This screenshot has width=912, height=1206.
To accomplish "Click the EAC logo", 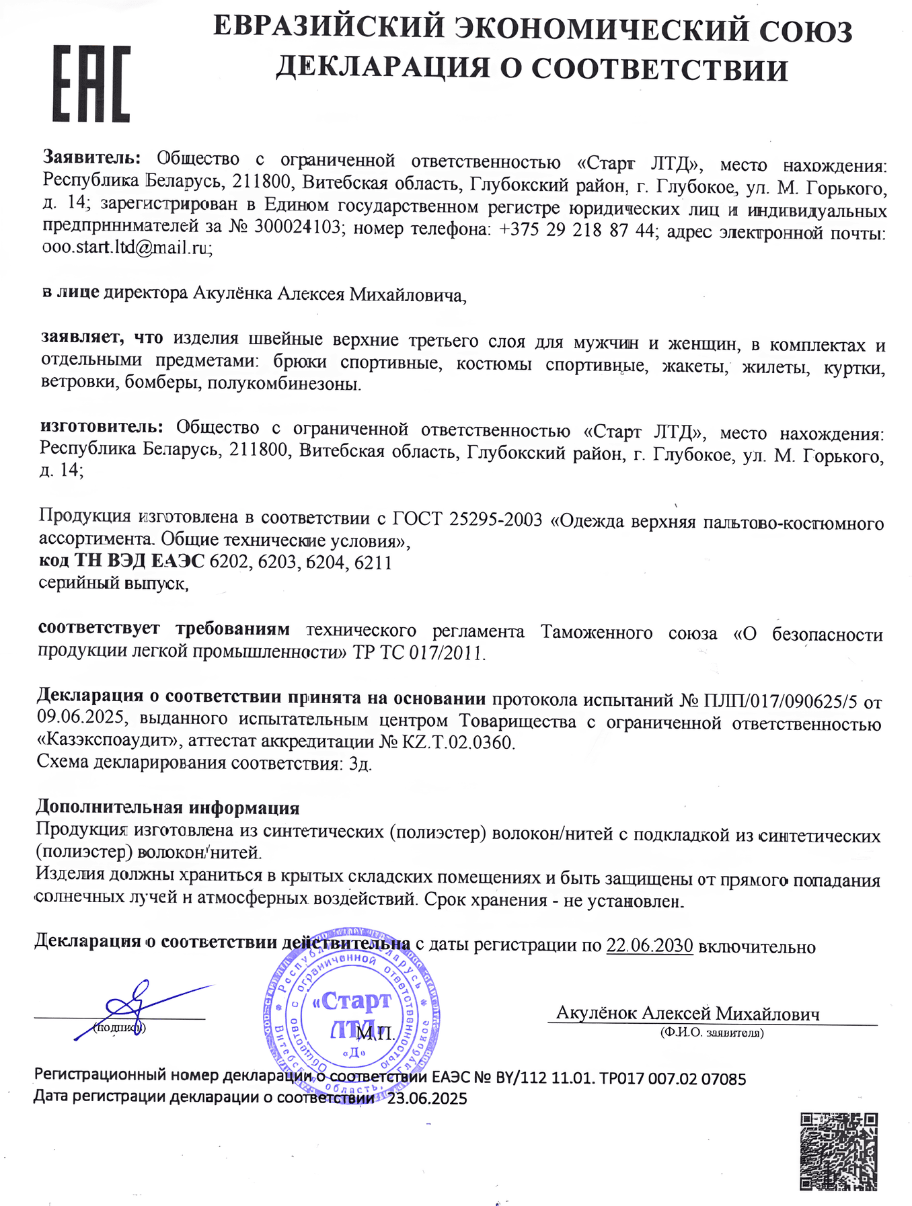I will [x=91, y=84].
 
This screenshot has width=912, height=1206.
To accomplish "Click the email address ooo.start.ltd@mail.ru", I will [x=127, y=248].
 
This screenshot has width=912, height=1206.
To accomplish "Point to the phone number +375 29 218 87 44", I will [x=576, y=229].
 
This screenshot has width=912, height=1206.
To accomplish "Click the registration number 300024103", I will [x=297, y=227].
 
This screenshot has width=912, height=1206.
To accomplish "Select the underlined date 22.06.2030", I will [x=649, y=946].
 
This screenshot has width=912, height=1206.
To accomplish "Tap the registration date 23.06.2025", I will [x=427, y=1099].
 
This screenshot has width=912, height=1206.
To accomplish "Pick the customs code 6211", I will [x=373, y=562].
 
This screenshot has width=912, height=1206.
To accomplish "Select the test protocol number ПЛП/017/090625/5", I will [x=780, y=700].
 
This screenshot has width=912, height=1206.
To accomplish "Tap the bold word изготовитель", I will [x=101, y=426].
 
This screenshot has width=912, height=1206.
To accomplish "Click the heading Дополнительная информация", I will [x=167, y=807].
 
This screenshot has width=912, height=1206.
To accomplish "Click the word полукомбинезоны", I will [x=284, y=384].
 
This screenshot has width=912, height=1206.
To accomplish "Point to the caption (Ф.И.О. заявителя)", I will [x=712, y=1033].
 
